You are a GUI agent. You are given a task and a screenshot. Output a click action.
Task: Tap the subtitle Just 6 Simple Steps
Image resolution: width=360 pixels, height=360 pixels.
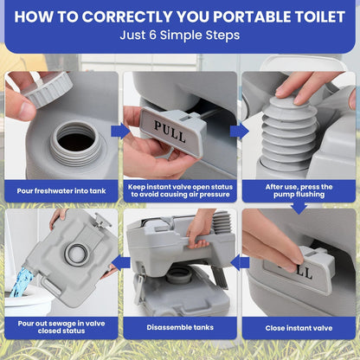click(x=180, y=36)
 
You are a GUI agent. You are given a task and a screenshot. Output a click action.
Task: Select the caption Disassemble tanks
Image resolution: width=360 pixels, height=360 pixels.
click(x=180, y=328)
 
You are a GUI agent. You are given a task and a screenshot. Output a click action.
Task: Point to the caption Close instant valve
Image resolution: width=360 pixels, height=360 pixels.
click(x=299, y=328)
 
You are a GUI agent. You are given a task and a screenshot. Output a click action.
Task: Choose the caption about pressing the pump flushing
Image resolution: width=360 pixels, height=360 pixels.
click(x=299, y=190)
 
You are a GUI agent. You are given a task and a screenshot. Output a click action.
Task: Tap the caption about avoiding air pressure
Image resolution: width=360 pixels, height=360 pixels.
click(x=180, y=190)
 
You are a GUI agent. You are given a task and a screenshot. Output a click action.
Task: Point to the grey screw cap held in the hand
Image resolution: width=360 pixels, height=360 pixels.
click(x=44, y=87)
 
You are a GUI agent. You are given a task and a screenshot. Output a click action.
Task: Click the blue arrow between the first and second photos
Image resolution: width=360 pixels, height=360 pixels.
click(x=119, y=132)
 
